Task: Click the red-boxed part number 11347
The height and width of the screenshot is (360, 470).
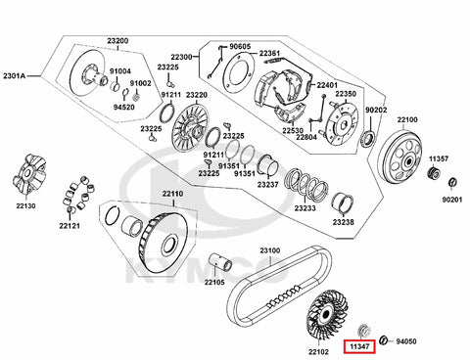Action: point(359,346)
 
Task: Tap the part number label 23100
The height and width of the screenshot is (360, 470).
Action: point(270,250)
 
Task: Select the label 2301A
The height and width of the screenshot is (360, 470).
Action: point(14,76)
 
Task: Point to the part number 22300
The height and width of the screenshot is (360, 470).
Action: point(181,57)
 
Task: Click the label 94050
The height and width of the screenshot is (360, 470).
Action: point(406,341)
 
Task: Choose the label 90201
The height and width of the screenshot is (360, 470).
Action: point(452,200)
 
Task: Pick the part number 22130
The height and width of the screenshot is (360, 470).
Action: point(25,205)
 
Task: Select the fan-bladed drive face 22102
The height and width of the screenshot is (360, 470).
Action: point(326,315)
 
